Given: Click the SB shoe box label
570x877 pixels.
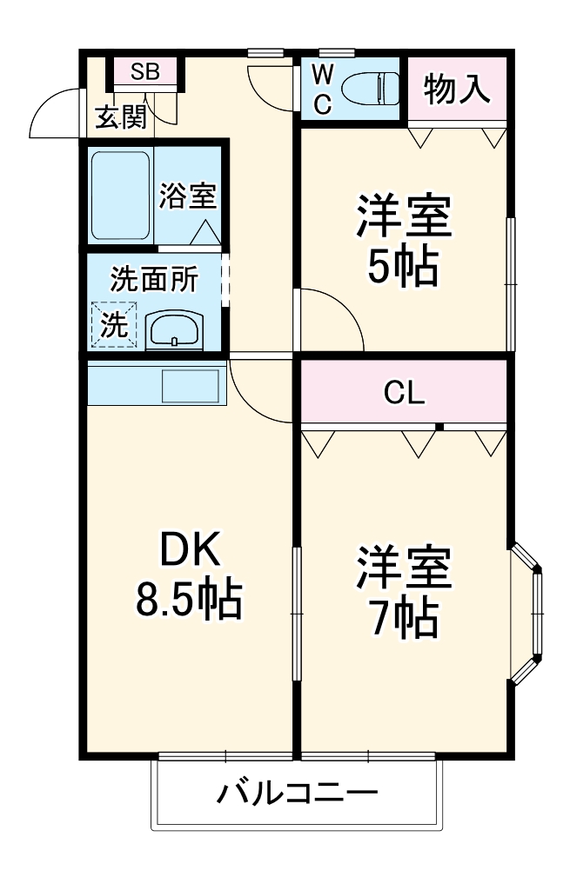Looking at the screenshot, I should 145,72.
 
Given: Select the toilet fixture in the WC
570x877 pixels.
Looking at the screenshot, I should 370,89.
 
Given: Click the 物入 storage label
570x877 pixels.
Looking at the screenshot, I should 457,90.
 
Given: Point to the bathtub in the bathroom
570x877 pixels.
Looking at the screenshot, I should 120,196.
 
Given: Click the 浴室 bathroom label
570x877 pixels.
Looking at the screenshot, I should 187,195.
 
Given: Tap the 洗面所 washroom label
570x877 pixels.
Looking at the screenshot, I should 153,279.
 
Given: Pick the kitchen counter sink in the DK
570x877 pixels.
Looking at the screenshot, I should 191,385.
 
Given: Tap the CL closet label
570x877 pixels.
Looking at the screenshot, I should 405,394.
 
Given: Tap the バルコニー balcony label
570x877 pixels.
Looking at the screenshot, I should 298,793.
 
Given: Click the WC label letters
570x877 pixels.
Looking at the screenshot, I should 322,89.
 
